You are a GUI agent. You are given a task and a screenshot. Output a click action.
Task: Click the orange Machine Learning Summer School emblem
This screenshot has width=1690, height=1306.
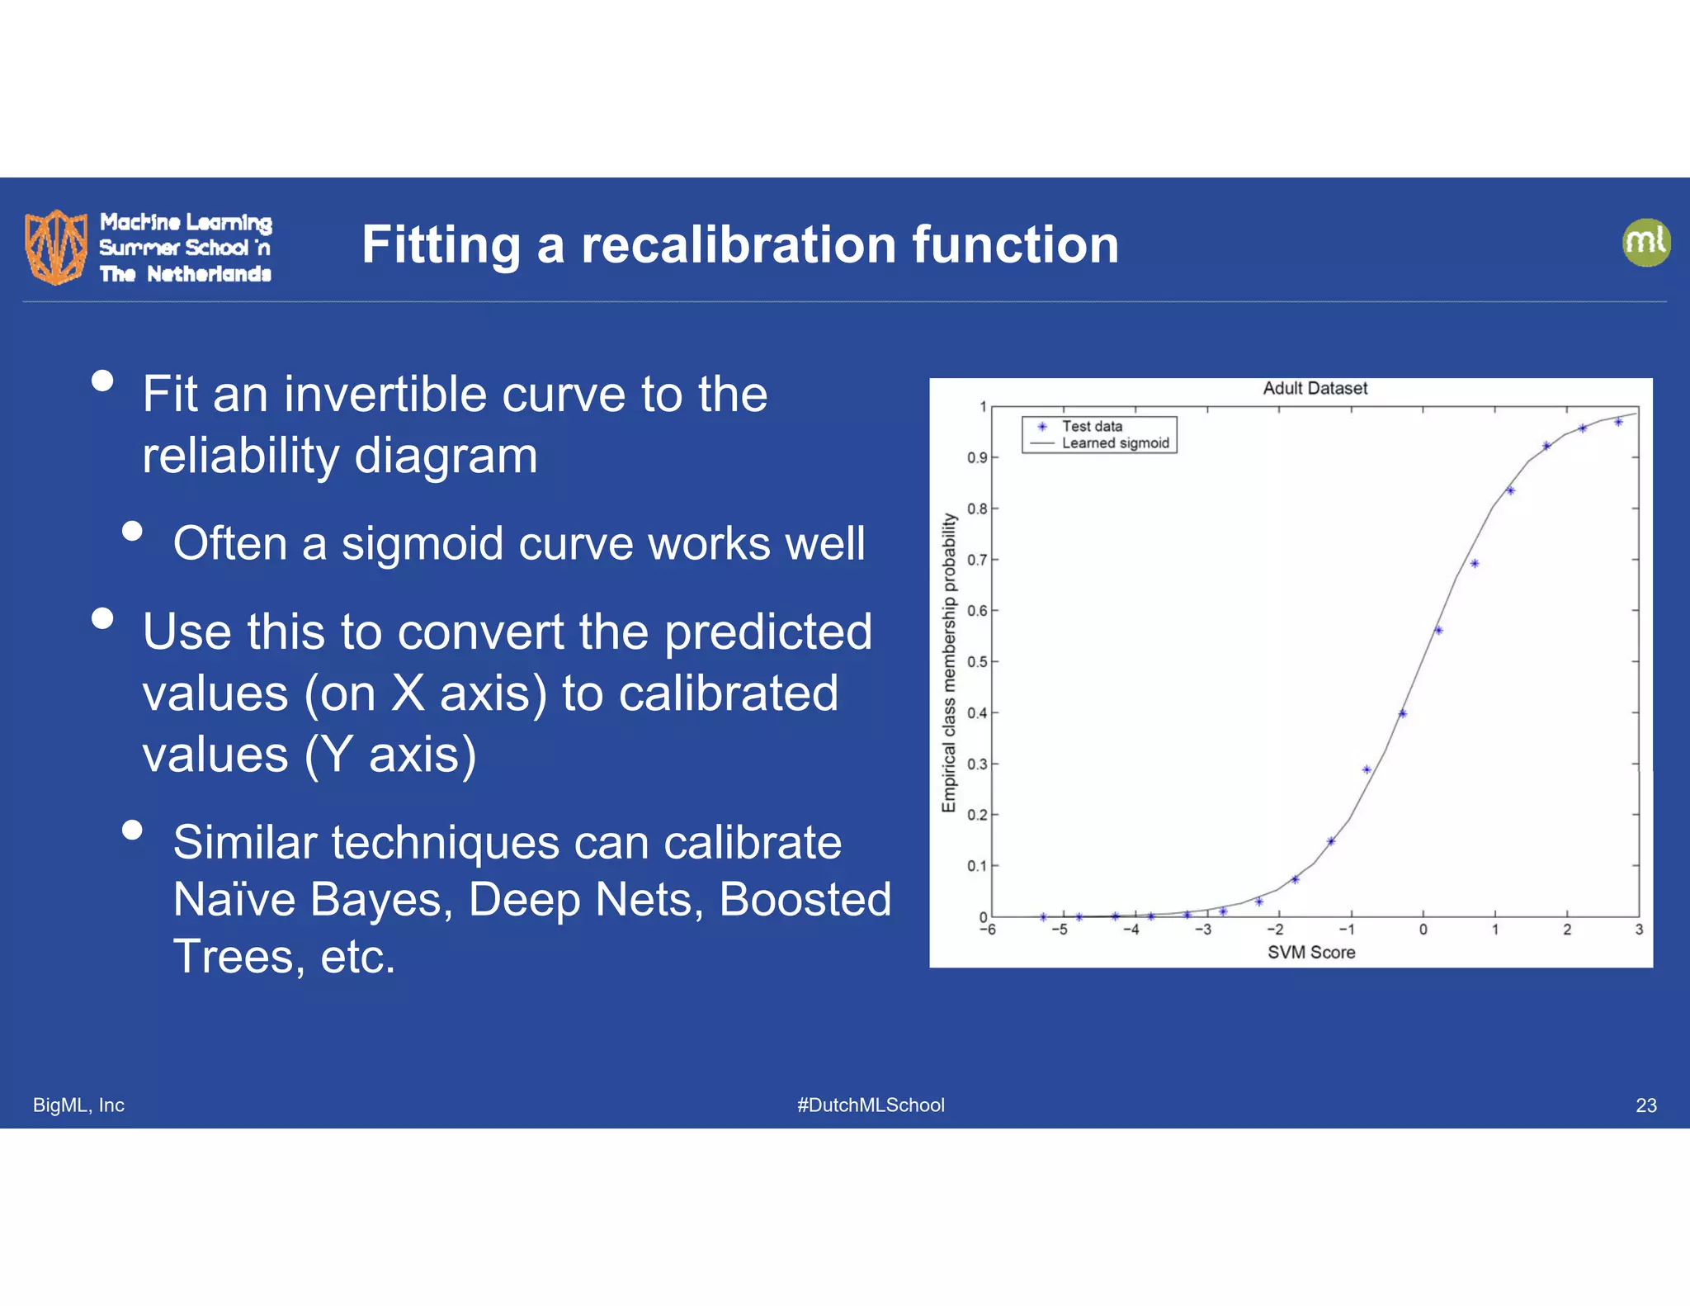tap(56, 246)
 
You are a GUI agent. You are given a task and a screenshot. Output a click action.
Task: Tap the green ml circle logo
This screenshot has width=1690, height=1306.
tap(1645, 243)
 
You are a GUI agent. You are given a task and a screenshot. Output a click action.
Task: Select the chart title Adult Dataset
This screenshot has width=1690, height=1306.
tap(1315, 388)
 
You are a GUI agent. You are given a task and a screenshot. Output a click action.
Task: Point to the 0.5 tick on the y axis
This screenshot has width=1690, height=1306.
tap(977, 662)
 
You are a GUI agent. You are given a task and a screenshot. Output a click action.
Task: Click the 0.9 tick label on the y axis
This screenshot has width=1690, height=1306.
tap(977, 458)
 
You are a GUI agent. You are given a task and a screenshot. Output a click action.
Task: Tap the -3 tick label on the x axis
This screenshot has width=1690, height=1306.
tap(1203, 930)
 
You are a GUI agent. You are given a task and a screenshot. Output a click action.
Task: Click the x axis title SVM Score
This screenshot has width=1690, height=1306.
tap(1310, 953)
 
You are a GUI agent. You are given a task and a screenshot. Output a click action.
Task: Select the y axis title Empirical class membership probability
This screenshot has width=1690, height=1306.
tap(949, 662)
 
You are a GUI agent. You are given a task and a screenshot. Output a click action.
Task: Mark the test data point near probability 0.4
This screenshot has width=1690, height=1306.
tap(1402, 713)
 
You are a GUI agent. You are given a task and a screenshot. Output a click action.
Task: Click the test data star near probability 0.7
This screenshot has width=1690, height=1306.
tap(1475, 564)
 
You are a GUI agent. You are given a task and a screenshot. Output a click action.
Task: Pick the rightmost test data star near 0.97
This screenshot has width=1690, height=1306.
tap(1618, 422)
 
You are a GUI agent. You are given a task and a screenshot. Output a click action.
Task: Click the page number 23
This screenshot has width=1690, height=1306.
tap(1645, 1105)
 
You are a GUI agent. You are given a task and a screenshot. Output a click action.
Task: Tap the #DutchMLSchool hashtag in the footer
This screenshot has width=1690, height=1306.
tap(871, 1105)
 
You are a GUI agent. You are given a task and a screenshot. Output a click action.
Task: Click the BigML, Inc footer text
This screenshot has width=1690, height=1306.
tap(78, 1105)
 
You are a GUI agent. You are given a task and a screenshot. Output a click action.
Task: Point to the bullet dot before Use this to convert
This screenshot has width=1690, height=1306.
tap(102, 618)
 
